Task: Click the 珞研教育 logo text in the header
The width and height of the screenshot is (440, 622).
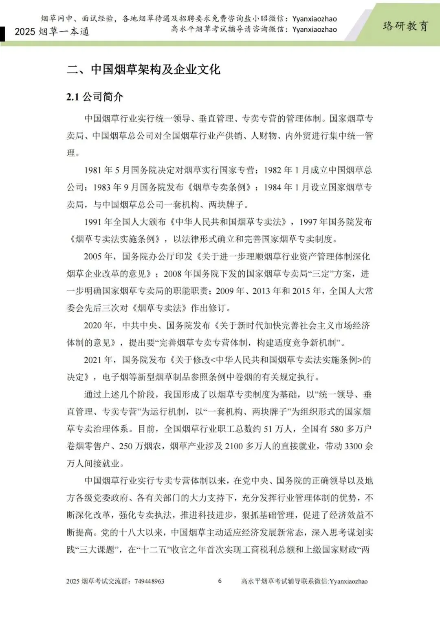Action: pyautogui.click(x=405, y=26)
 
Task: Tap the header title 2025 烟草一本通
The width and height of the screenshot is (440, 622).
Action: pyautogui.click(x=52, y=32)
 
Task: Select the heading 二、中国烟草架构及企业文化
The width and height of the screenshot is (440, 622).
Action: pyautogui.click(x=143, y=69)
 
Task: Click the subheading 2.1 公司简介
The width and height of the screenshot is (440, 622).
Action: pyautogui.click(x=95, y=97)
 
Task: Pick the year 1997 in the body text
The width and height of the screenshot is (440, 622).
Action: pyautogui.click(x=308, y=222)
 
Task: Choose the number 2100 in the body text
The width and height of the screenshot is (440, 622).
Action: pyautogui.click(x=234, y=446)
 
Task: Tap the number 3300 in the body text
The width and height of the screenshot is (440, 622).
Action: pyautogui.click(x=353, y=446)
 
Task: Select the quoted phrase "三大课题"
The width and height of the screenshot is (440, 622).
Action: pyautogui.click(x=99, y=549)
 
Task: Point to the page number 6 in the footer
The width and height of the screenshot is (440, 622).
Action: pyautogui.click(x=220, y=581)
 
